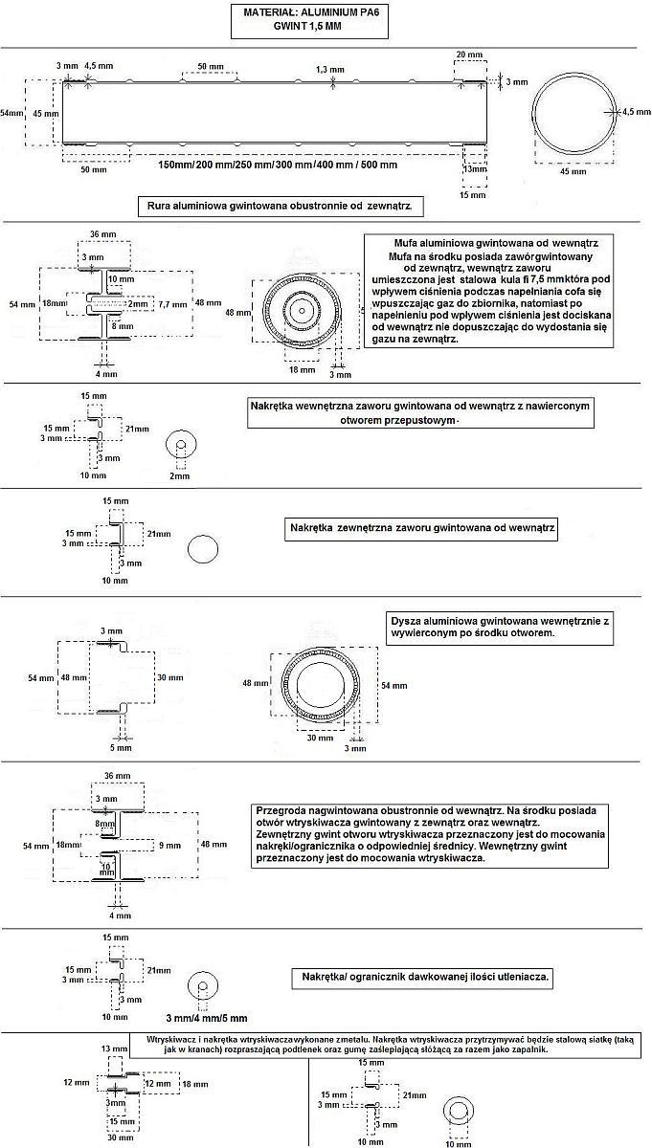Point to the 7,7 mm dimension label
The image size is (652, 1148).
(x=172, y=303)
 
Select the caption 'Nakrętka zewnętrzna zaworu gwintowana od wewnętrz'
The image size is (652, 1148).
(x=422, y=528)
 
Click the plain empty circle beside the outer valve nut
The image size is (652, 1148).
(x=204, y=549)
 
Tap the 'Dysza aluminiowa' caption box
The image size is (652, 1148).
(x=500, y=628)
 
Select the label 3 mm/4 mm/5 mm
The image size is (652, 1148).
(x=206, y=1017)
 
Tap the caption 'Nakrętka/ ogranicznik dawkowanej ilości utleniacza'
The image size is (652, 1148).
(x=424, y=978)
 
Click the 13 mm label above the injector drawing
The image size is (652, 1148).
(x=112, y=1049)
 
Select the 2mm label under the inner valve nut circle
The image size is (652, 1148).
(x=179, y=475)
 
